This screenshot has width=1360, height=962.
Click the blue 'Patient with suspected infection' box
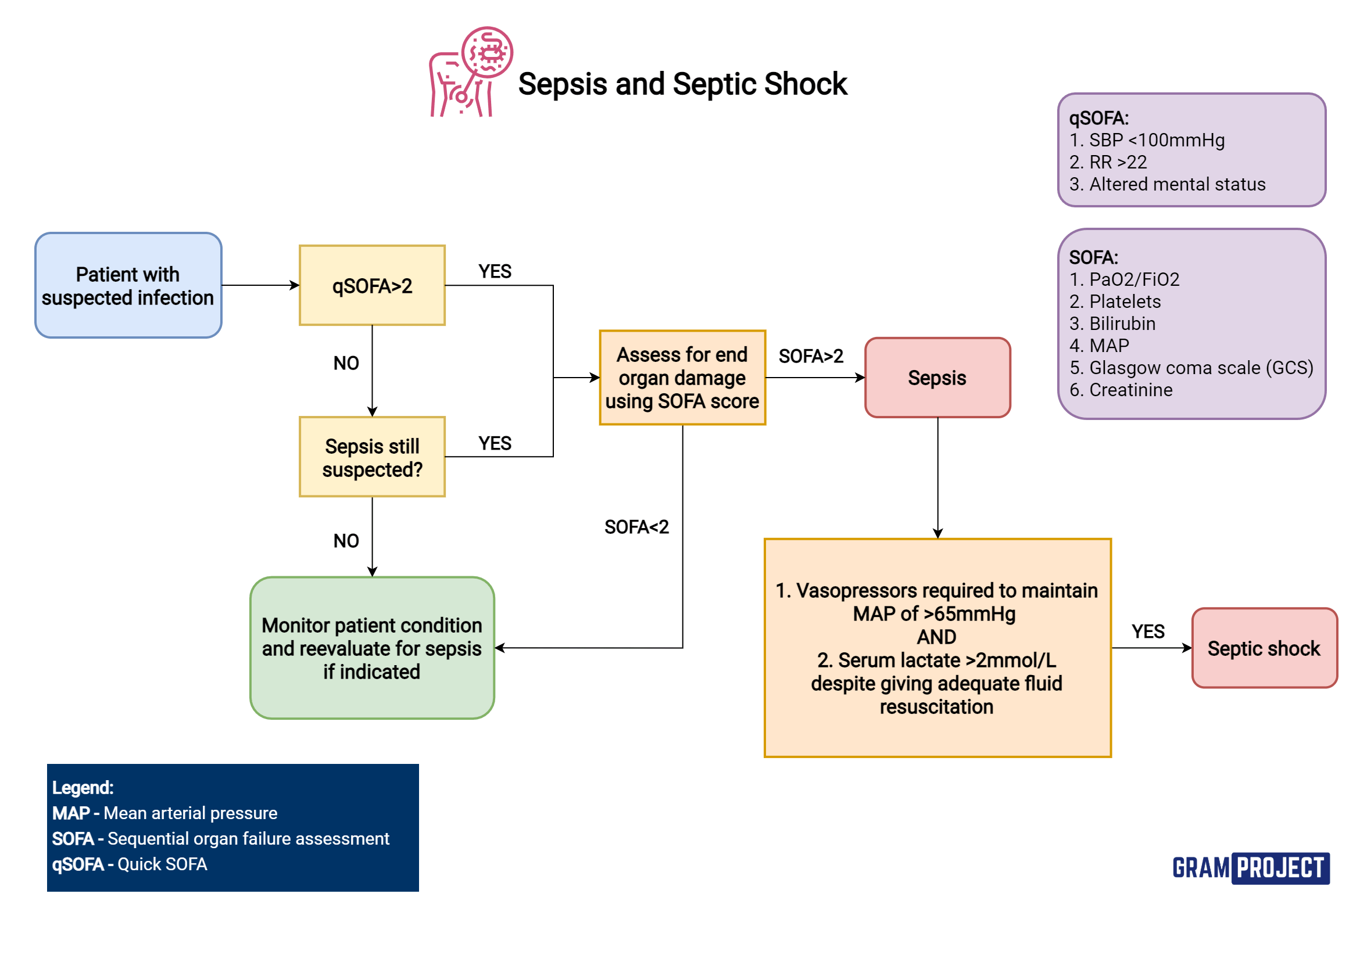(128, 285)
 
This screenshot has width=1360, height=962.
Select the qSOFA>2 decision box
(371, 285)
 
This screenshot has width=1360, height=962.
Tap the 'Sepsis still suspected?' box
(371, 457)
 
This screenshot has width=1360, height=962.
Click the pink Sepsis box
(937, 378)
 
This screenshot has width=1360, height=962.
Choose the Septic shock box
(1264, 648)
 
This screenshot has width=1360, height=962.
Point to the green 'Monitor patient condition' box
(371, 648)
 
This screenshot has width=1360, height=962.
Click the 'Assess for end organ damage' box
(682, 378)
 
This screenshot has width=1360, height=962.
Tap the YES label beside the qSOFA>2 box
(495, 271)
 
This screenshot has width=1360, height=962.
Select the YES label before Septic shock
(1148, 631)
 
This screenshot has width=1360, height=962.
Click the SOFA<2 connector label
(636, 527)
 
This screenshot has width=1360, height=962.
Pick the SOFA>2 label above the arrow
(811, 356)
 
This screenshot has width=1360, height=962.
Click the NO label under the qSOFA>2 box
(346, 363)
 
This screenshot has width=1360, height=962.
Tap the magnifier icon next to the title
(487, 53)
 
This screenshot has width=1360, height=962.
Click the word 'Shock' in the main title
(806, 84)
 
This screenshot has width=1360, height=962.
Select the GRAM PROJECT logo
(1250, 868)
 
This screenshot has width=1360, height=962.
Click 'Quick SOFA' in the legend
(162, 864)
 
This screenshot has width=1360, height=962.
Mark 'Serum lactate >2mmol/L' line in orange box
(936, 660)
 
